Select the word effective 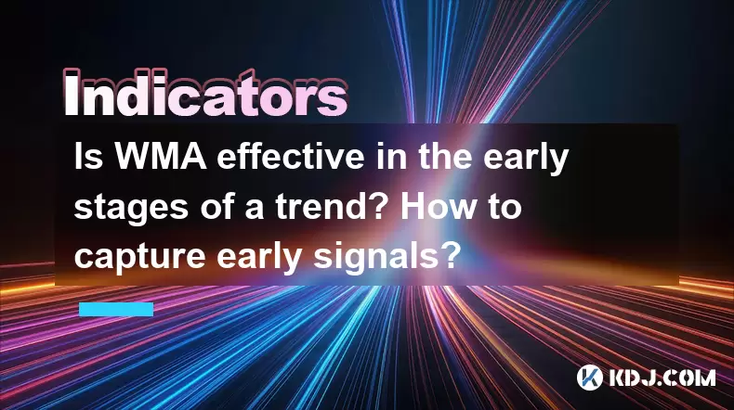290,157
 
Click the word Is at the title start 88,157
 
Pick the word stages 132,209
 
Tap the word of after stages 218,206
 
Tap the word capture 139,258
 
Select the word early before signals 260,258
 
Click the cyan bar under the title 116,309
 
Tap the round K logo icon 590,378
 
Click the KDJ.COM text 662,378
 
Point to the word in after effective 391,157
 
